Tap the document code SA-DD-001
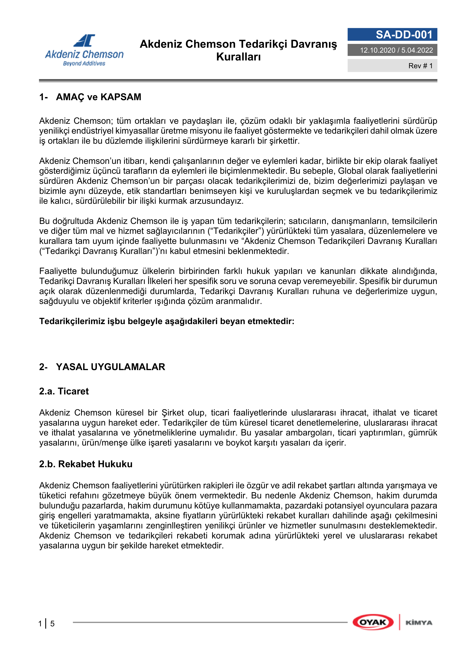tap(404, 35)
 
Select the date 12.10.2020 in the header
tap(378, 50)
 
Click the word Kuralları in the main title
tap(238, 57)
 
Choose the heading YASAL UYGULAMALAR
tap(110, 367)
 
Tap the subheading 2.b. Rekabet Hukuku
tap(86, 464)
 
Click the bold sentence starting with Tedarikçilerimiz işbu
tap(167, 321)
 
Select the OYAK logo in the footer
tap(373, 622)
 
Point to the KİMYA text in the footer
tap(419, 623)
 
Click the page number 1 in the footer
tap(40, 624)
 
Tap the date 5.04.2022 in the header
tap(417, 50)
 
